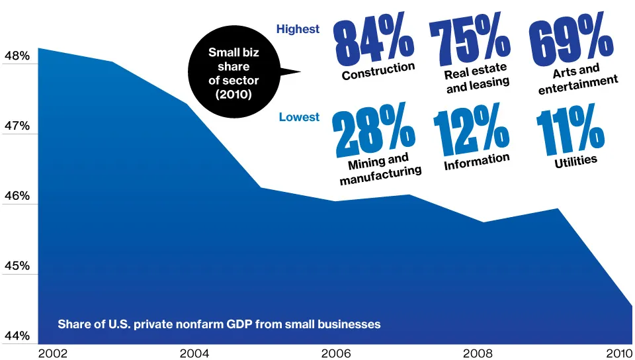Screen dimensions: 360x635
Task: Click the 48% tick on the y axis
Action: [x=17, y=57]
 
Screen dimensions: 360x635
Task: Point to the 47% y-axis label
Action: [x=17, y=126]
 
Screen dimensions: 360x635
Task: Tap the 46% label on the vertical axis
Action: [x=17, y=197]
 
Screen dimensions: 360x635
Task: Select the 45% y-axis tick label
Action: [x=17, y=266]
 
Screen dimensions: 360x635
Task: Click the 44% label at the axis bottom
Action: [x=17, y=336]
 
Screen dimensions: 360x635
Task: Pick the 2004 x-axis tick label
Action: [x=193, y=353]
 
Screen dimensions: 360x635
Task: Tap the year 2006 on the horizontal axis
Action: [x=335, y=353]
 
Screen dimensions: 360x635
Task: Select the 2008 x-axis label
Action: [x=476, y=353]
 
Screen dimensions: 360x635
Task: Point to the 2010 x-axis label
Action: [x=618, y=353]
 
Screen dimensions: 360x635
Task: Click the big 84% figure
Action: [x=374, y=41]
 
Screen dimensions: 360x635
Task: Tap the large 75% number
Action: [x=470, y=41]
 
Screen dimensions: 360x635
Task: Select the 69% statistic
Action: [x=571, y=41]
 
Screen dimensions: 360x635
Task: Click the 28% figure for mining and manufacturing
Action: [x=374, y=130]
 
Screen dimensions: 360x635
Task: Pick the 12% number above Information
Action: [x=471, y=130]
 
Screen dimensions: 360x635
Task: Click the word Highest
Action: [x=298, y=29]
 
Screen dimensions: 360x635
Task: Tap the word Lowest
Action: [x=299, y=117]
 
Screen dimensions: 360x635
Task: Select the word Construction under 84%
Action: [x=378, y=71]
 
